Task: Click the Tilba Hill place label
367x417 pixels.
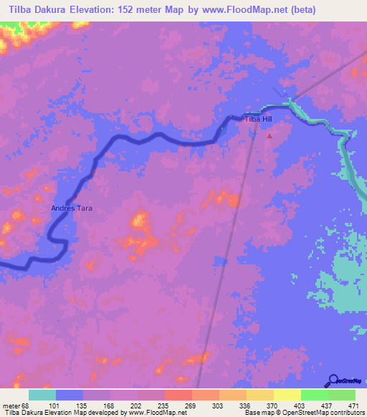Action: point(258,120)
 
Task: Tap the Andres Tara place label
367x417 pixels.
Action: point(71,208)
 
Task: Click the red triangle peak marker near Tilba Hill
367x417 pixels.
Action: point(270,134)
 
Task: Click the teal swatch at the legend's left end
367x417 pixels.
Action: point(42,395)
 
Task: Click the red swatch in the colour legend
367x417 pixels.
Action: point(178,395)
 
